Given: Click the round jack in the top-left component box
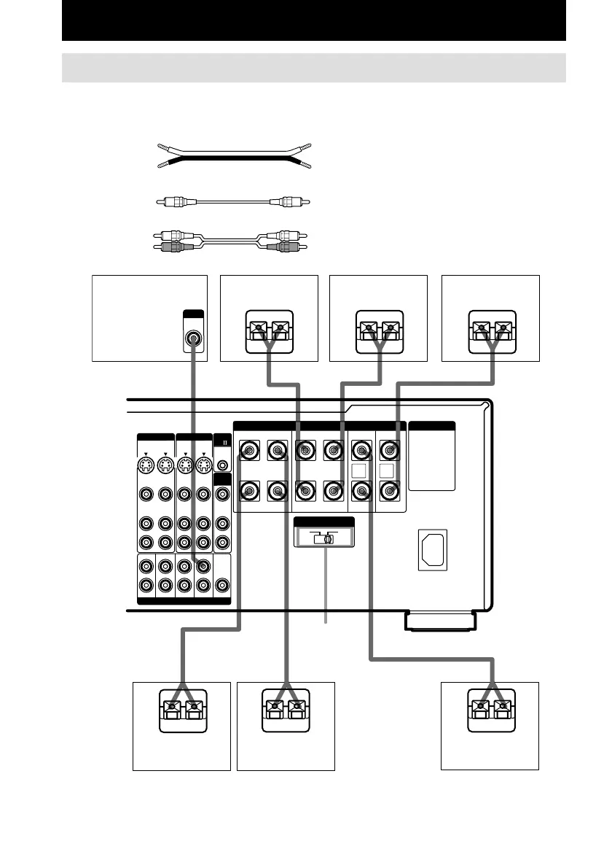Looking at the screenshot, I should coord(193,338).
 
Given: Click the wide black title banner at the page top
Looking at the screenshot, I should coord(314,22).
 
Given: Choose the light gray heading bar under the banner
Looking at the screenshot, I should coord(314,67).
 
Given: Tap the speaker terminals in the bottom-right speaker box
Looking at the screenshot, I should coord(490,708).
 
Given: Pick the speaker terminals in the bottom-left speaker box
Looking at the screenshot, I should coord(181,708).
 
